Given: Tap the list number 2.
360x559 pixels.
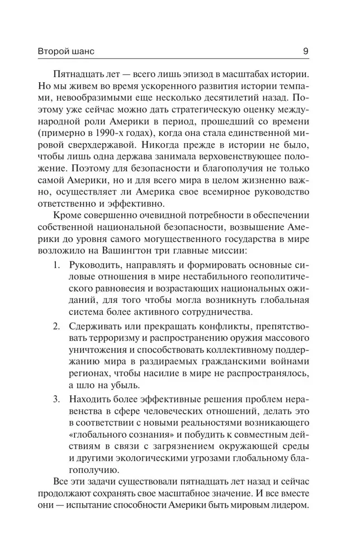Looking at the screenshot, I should (x=56, y=325).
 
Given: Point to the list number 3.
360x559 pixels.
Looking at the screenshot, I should (x=56, y=399).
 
